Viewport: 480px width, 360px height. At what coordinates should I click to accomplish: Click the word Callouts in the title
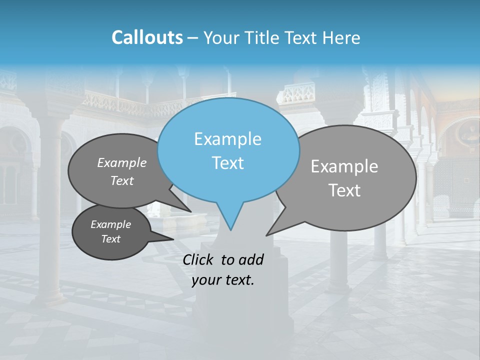coord(147,37)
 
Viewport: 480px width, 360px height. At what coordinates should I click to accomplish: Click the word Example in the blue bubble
coord(227,139)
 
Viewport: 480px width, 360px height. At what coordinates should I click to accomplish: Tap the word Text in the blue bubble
coord(227,163)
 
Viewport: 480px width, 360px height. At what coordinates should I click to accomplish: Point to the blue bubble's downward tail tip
coord(230,230)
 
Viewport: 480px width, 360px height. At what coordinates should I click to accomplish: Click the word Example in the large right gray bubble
coord(344,166)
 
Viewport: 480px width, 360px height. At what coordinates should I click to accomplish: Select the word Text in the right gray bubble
coord(344,190)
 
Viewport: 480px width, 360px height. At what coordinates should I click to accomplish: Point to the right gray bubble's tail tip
coord(266,235)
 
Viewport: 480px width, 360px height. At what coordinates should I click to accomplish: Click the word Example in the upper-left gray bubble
coord(122,163)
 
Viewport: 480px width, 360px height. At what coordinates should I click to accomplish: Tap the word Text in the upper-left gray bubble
coord(122,181)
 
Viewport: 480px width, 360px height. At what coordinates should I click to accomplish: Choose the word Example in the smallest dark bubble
coord(110,224)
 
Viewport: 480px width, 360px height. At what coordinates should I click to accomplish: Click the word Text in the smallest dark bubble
coord(110,239)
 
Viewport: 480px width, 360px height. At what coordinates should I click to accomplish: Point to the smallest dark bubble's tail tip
coord(173,239)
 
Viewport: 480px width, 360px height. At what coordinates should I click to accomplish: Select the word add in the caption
coord(250,259)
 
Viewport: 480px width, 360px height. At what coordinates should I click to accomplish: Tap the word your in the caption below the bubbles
coord(205,280)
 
